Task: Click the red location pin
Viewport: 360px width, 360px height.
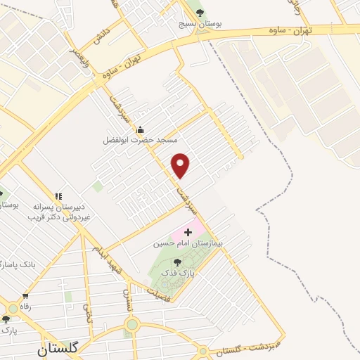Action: click(x=181, y=165)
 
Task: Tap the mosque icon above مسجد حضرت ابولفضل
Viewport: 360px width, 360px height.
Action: click(x=140, y=129)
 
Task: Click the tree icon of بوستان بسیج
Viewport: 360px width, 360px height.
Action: click(x=201, y=13)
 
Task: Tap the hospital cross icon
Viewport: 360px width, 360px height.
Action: click(x=188, y=231)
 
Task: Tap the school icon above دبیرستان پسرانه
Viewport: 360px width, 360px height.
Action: click(x=58, y=196)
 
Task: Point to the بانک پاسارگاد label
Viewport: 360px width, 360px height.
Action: click(x=18, y=264)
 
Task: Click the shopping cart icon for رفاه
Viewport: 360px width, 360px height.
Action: click(x=26, y=296)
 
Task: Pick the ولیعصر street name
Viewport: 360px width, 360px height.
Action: click(x=68, y=61)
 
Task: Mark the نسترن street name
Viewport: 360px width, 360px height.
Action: click(x=128, y=299)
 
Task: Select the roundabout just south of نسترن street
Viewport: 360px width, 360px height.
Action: click(x=131, y=324)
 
